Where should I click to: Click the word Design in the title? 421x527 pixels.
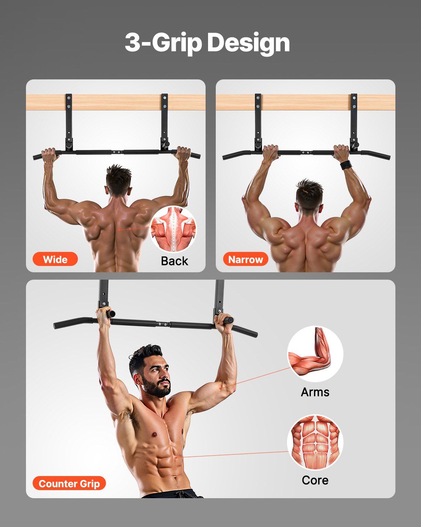(x=248, y=43)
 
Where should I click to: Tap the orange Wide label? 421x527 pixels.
(x=55, y=259)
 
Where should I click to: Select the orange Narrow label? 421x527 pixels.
(x=245, y=259)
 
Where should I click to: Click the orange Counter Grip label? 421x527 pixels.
(x=69, y=483)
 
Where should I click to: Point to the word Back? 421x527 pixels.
(x=174, y=261)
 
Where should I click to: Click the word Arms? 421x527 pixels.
(x=315, y=392)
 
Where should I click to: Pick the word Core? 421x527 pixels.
(x=315, y=480)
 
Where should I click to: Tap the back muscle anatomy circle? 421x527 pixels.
(x=173, y=229)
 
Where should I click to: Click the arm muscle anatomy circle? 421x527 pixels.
(x=315, y=354)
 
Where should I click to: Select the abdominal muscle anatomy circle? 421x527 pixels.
(x=315, y=442)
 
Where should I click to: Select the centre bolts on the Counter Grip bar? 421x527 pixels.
(x=162, y=324)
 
